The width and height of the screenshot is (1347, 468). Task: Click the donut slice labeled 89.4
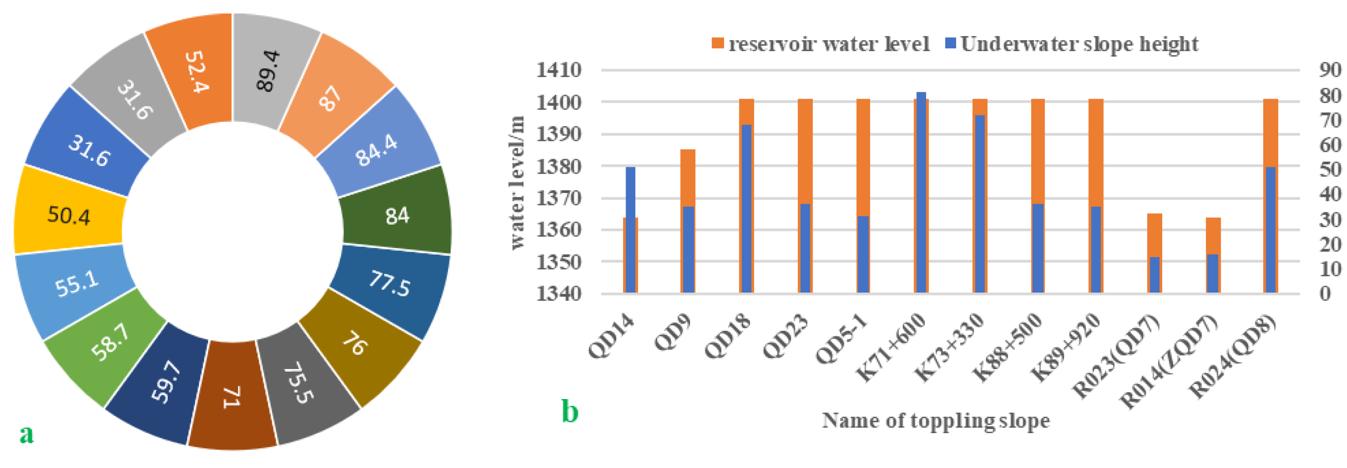[269, 70]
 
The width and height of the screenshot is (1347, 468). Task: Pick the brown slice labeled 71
[232, 397]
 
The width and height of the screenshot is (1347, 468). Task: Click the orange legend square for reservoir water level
[717, 43]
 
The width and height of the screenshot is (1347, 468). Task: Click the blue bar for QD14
[631, 230]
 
